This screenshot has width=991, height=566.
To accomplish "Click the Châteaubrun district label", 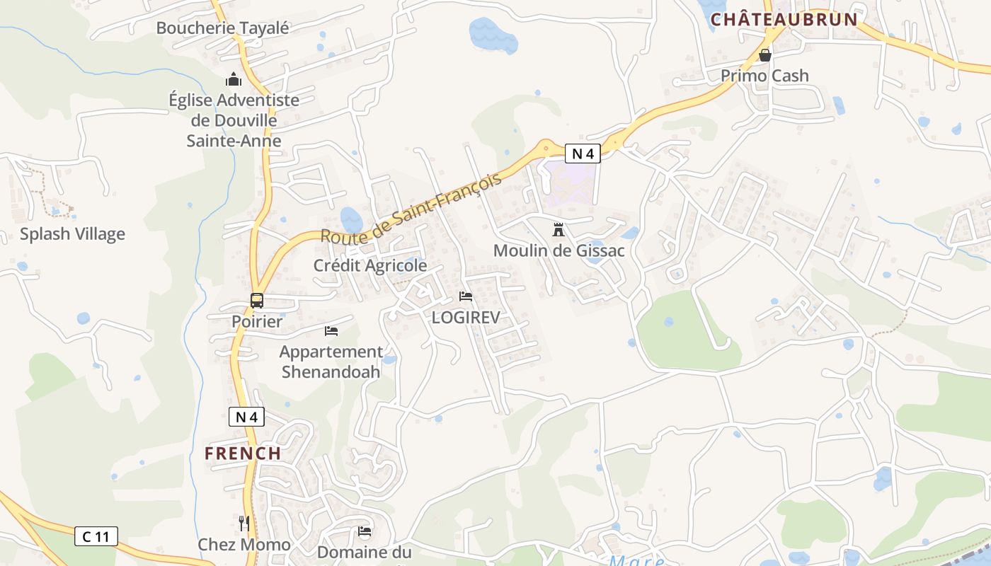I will (x=784, y=19).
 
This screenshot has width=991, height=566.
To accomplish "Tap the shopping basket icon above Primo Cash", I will (x=764, y=55).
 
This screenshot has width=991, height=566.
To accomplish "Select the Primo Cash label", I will (x=764, y=76).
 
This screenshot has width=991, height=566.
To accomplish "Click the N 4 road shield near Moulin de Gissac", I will (x=583, y=153).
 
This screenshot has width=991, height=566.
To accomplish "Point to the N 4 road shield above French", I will (x=246, y=417).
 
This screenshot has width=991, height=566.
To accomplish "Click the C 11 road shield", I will (x=96, y=536).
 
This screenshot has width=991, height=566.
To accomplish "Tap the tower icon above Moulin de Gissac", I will (x=558, y=229).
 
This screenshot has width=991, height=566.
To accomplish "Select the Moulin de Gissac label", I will (x=558, y=250).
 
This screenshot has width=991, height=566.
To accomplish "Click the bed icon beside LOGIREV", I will (x=466, y=296).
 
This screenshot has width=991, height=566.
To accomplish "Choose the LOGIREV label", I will (x=466, y=317).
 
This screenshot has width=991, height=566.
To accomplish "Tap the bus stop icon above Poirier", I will (x=257, y=301).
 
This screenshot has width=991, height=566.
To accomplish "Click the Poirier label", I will (x=257, y=322).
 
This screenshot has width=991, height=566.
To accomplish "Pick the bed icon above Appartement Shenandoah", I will (x=331, y=330).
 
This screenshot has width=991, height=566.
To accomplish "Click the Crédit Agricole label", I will (x=370, y=265).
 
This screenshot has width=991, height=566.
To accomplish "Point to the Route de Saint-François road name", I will (x=411, y=208).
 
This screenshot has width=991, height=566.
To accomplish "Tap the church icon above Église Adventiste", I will (x=234, y=79).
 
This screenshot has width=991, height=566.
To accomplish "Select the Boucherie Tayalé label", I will (x=223, y=28).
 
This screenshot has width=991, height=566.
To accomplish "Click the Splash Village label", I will (x=72, y=234).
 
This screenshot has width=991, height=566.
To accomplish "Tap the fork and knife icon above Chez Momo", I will (x=244, y=524).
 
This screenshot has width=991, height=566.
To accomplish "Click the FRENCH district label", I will (x=243, y=454).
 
